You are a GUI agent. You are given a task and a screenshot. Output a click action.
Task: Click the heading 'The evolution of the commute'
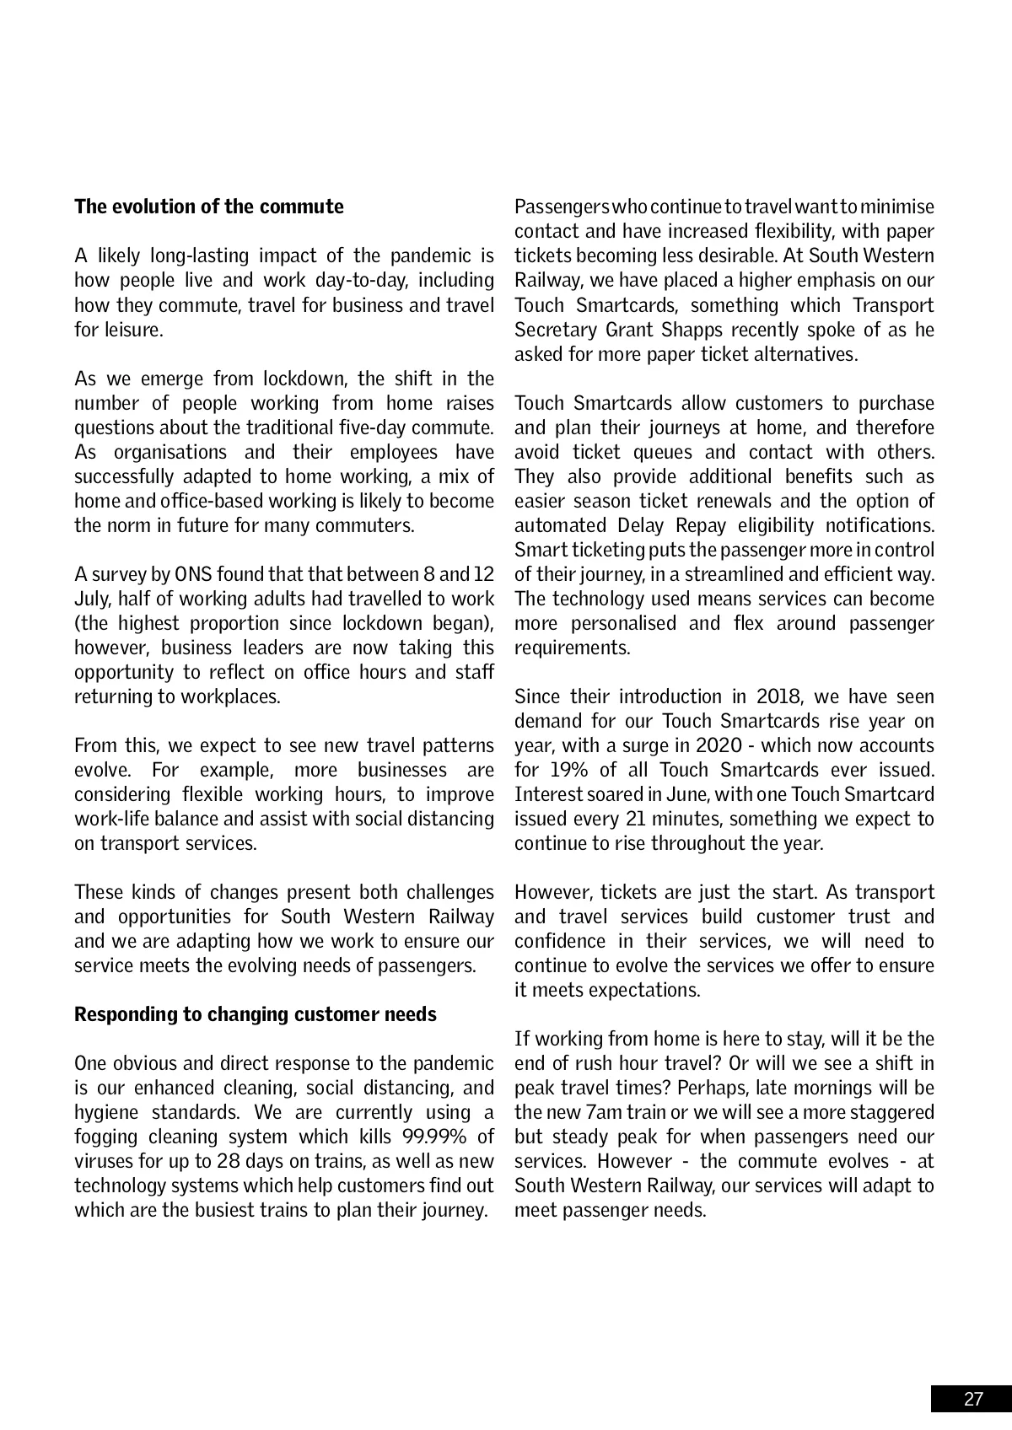pos(209,207)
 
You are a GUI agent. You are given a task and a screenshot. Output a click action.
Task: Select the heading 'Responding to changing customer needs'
pos(256,1013)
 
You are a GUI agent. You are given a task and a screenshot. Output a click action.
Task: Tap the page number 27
pos(973,1399)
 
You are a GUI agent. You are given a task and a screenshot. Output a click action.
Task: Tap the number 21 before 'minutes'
pos(639,819)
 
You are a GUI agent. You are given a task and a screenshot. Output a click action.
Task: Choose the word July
pos(92,599)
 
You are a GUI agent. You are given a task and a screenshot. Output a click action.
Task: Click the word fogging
pos(105,1137)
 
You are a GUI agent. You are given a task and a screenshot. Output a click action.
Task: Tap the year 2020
pos(719,745)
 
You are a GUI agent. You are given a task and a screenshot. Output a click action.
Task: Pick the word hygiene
pos(105,1112)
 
